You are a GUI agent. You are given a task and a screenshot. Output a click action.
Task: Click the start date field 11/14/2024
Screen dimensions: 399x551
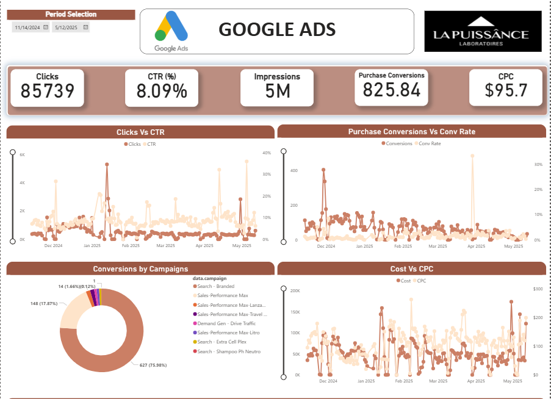[x=27, y=27]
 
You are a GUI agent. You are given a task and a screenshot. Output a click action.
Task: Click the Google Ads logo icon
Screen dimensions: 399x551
[x=170, y=31]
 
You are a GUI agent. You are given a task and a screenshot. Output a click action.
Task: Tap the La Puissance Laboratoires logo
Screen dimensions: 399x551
[x=482, y=31]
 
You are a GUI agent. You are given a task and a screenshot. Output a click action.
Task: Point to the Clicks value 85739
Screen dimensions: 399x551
[x=47, y=91]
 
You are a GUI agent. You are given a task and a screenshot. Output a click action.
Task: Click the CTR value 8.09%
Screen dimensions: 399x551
[x=162, y=91]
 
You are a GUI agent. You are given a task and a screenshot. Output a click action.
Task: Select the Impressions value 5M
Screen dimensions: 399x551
[x=277, y=91]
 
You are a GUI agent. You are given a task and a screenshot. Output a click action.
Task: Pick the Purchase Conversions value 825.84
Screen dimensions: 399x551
[x=392, y=90]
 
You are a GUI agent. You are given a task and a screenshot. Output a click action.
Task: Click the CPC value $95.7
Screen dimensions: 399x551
[x=505, y=90]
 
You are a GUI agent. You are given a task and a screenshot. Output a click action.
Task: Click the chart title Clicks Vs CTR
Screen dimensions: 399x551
[x=140, y=132]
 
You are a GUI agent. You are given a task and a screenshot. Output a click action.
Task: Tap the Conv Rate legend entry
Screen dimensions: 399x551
[x=429, y=143]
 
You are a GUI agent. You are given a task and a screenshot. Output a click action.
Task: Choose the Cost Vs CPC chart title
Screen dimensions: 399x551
[x=412, y=269]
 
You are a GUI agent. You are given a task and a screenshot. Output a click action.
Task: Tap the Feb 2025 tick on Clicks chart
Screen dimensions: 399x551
[x=130, y=246]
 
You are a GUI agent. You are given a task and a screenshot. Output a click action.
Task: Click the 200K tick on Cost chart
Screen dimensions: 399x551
[x=294, y=290]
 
